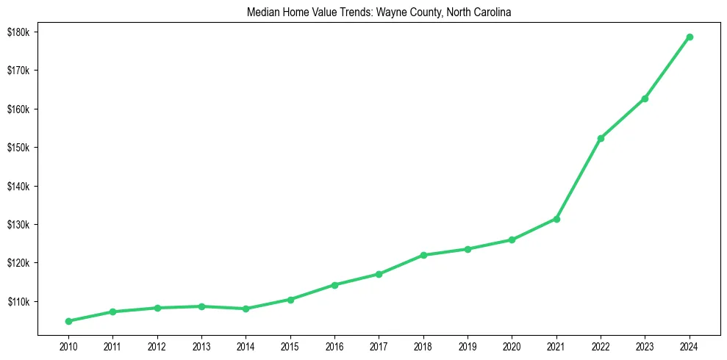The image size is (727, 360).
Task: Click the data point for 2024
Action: [690, 37]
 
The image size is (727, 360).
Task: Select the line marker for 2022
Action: [601, 138]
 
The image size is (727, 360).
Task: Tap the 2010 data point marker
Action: [68, 321]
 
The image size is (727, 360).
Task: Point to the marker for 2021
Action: [556, 219]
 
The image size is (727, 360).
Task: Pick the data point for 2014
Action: [246, 309]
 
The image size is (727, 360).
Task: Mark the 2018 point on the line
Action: [423, 255]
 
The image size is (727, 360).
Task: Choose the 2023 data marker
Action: [645, 98]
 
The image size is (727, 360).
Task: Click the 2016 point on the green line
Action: [334, 284]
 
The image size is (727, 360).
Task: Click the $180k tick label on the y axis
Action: [18, 32]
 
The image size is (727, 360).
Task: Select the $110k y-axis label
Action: [18, 302]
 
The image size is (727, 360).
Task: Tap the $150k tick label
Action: [18, 148]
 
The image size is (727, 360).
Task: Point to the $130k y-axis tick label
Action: [18, 225]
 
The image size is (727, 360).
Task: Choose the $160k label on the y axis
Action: [18, 109]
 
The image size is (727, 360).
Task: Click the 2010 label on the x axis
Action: [68, 346]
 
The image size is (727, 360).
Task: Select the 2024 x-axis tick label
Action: [690, 346]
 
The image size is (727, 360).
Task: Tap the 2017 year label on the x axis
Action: [379, 346]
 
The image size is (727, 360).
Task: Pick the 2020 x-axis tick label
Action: [512, 346]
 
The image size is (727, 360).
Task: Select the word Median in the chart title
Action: [265, 12]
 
